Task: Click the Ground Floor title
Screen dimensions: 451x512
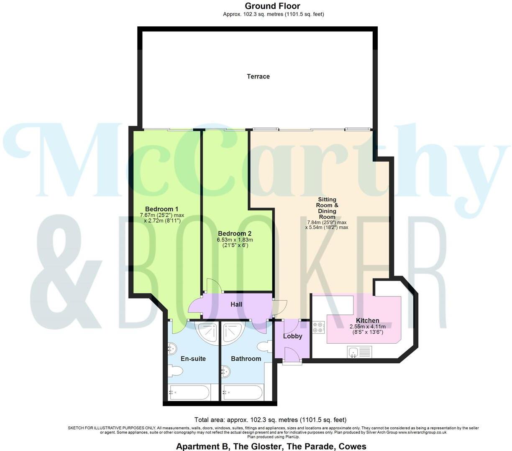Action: point(272,6)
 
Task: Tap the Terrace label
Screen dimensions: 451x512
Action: point(258,76)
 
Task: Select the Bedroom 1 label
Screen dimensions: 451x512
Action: point(162,209)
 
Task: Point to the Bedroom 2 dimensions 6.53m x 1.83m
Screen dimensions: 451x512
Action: point(235,240)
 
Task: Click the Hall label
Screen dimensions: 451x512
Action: point(236,304)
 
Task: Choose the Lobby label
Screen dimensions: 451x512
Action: point(292,336)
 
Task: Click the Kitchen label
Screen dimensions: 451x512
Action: point(367,321)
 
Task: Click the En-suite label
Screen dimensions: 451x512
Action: point(193,359)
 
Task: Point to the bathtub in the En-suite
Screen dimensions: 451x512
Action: point(189,393)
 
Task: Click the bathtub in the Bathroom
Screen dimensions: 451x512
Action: point(243,393)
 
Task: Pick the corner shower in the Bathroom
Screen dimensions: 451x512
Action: point(231,332)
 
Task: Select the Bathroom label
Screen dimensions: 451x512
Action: point(246,359)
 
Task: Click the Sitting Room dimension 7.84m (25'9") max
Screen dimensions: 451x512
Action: point(327,223)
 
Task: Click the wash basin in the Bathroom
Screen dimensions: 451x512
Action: point(225,370)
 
